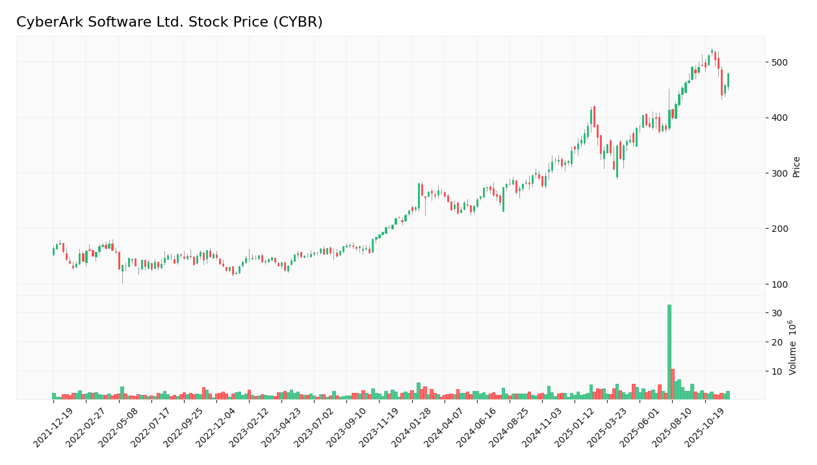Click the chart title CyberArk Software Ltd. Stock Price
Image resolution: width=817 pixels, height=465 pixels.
pyautogui.click(x=169, y=22)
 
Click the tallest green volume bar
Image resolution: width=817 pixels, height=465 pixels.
pyautogui.click(x=669, y=351)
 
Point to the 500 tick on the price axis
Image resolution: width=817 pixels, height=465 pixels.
pyautogui.click(x=780, y=62)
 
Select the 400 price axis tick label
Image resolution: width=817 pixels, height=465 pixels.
pyautogui.click(x=780, y=118)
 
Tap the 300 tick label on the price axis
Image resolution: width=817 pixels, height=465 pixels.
pyautogui.click(x=780, y=173)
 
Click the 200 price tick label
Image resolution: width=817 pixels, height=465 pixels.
pyautogui.click(x=780, y=229)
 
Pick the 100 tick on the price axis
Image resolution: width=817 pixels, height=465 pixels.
pyautogui.click(x=780, y=284)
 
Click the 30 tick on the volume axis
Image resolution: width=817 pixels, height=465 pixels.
pyautogui.click(x=777, y=313)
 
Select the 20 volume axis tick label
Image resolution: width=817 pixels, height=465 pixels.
pyautogui.click(x=777, y=342)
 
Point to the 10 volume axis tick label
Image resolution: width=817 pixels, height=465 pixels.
pyautogui.click(x=777, y=371)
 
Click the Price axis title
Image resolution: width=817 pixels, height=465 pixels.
pyautogui.click(x=796, y=167)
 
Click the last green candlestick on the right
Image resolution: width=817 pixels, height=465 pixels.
pyautogui.click(x=728, y=80)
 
